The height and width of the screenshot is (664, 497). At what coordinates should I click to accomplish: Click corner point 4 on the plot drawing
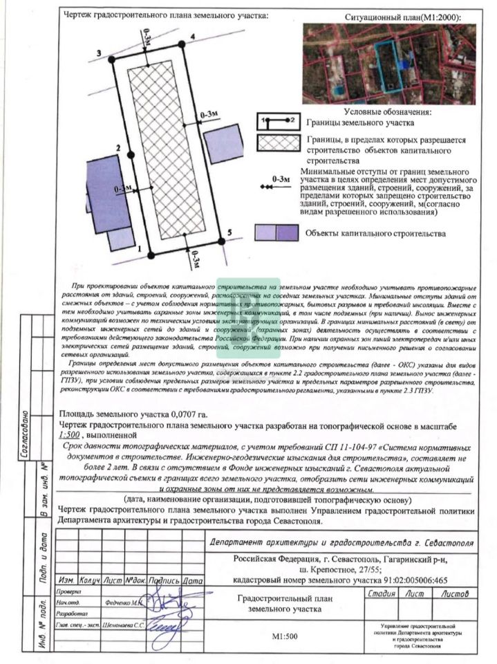pos(181,44)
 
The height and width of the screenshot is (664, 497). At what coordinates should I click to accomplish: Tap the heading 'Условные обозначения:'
pos(387,112)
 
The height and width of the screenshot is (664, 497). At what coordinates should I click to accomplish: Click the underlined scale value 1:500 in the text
pos(71,436)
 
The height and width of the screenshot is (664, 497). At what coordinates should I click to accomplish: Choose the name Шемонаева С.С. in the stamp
pos(125,625)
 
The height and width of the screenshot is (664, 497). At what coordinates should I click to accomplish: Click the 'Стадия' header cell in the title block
pos(382,593)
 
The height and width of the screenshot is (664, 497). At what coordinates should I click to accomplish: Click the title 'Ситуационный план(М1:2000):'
pos(402,17)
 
